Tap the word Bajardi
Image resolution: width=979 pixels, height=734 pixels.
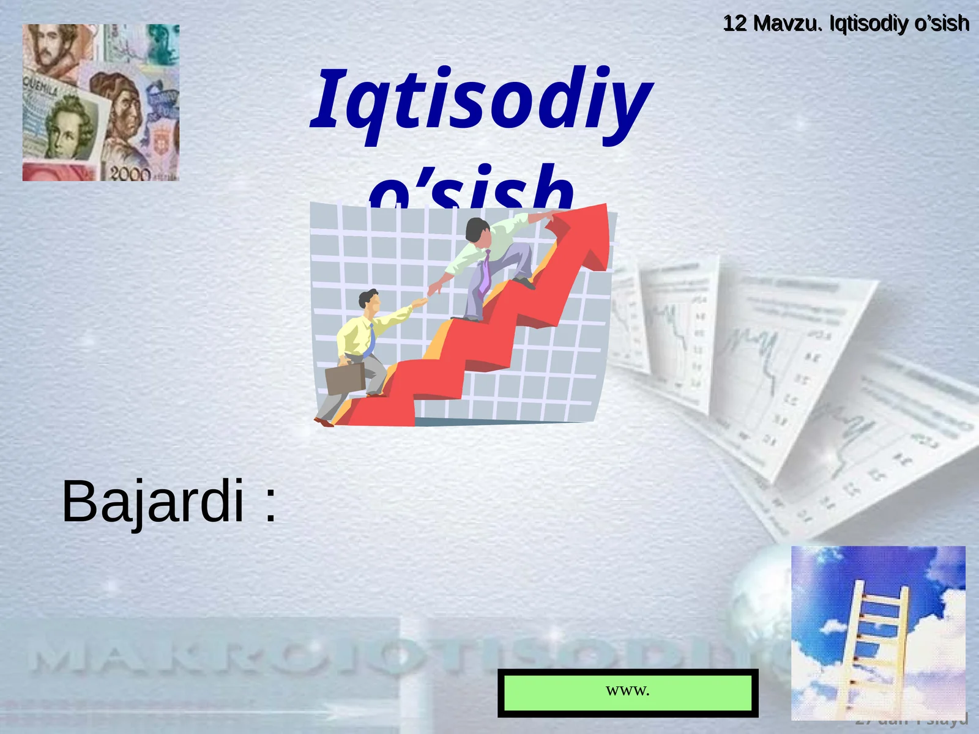pos(153,502)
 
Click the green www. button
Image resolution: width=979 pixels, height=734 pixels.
pos(628,692)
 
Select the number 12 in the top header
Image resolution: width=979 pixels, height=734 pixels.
pos(735,23)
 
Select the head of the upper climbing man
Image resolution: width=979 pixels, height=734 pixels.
pos(477,229)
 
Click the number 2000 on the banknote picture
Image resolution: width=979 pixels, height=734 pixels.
pos(130,174)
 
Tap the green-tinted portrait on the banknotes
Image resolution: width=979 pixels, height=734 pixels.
pos(67,128)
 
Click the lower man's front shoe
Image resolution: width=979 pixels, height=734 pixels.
pos(324,421)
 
